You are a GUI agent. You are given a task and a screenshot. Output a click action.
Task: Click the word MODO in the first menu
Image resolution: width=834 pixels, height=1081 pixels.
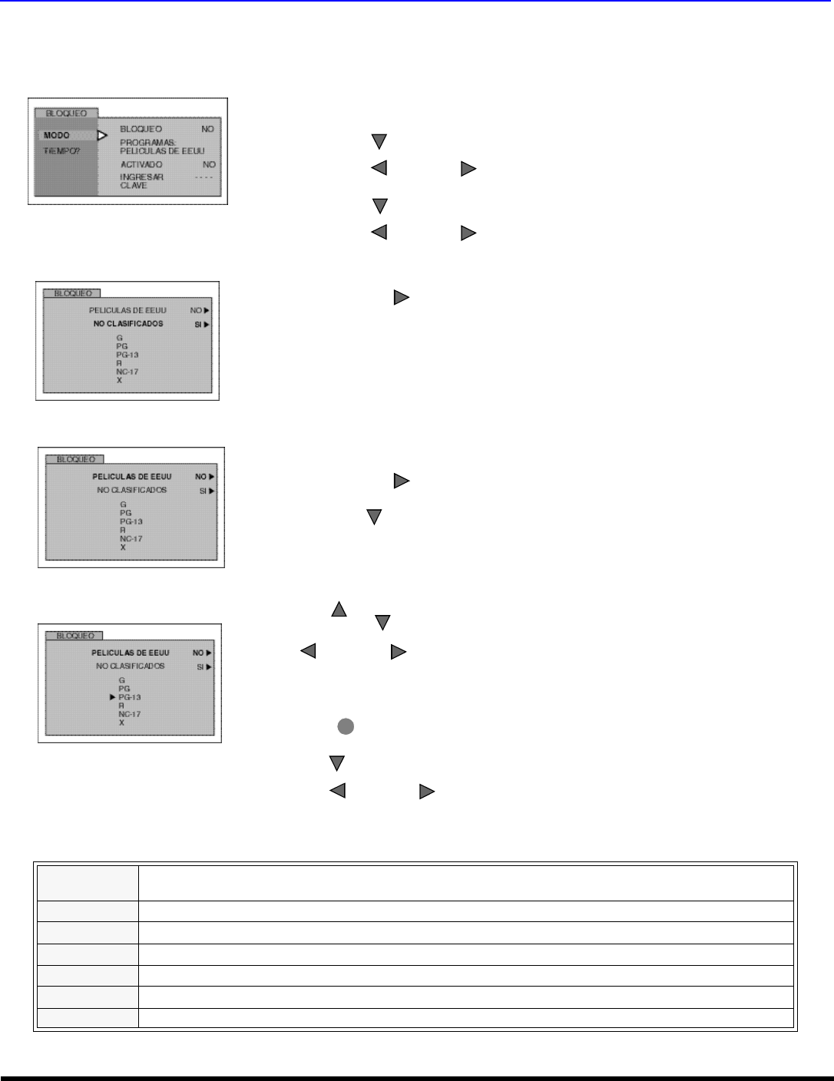tap(57, 136)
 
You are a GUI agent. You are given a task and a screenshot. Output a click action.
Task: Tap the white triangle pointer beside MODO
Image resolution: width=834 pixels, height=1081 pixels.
tap(102, 136)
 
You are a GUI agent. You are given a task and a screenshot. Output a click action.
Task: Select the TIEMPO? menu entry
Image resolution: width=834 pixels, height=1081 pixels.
tap(61, 151)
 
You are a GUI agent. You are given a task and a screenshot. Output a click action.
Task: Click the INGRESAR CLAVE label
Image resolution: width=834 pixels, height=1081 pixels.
tap(141, 181)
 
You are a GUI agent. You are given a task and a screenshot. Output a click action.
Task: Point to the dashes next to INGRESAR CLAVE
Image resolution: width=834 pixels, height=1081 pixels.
tap(204, 177)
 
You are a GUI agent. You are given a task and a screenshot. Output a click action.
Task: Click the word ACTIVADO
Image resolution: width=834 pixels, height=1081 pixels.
tap(141, 164)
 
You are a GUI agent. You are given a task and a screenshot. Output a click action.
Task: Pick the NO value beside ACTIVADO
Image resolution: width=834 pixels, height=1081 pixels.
tap(209, 164)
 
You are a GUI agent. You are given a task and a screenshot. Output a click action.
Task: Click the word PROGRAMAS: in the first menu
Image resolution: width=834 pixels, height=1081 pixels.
tap(148, 143)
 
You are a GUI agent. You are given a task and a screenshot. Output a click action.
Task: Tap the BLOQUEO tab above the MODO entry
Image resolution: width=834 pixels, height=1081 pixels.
tap(66, 114)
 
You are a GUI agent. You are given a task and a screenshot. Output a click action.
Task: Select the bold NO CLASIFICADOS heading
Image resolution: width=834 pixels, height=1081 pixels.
tap(128, 324)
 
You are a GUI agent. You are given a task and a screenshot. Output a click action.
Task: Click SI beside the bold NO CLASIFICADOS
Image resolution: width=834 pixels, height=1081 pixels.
tap(199, 325)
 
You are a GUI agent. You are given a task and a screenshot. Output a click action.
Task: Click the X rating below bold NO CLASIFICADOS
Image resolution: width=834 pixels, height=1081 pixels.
tap(120, 380)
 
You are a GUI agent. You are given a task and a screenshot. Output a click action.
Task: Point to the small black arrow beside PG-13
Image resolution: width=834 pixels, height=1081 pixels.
tap(112, 697)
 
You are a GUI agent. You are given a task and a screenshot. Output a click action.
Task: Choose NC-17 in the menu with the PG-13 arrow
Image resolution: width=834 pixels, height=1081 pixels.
tap(130, 714)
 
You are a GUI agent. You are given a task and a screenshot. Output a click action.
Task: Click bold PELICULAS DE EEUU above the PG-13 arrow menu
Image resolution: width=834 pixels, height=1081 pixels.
tap(131, 653)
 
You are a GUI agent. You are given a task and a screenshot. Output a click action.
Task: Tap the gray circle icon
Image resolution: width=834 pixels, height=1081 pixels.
tap(346, 726)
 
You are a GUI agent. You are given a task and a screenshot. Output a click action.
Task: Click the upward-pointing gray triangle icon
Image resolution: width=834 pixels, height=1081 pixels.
tap(339, 610)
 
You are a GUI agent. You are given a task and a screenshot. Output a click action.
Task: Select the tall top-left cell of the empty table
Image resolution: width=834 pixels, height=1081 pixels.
tap(87, 883)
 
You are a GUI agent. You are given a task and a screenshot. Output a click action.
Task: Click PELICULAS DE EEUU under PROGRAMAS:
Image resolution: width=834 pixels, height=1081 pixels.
tap(162, 151)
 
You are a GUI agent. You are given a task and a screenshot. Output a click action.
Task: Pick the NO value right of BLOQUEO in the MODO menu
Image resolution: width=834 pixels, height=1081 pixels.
tap(207, 129)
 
